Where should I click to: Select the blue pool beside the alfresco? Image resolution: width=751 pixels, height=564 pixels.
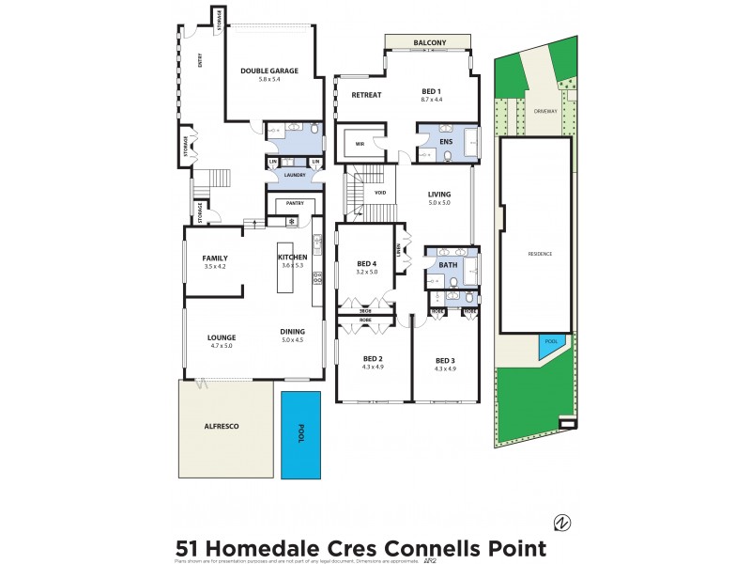click(301, 433)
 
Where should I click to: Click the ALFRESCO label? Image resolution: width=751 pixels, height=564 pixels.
click(222, 426)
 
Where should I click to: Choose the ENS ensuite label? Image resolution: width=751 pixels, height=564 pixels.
click(447, 142)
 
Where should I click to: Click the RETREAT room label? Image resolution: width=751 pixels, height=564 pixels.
click(366, 95)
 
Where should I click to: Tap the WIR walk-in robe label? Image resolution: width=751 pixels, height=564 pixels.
click(359, 144)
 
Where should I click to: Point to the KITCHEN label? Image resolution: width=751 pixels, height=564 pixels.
click(292, 258)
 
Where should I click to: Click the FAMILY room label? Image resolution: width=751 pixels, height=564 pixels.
click(215, 258)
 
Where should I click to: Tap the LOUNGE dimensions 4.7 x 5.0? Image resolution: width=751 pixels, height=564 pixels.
click(221, 346)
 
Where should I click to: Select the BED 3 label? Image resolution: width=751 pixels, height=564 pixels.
click(445, 360)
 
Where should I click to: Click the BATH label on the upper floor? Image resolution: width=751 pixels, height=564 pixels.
click(449, 265)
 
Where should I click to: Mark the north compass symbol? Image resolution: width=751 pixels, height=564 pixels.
click(562, 523)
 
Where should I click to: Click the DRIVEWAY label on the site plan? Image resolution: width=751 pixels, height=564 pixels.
click(545, 110)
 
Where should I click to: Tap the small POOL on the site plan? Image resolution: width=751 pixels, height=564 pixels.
click(550, 343)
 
